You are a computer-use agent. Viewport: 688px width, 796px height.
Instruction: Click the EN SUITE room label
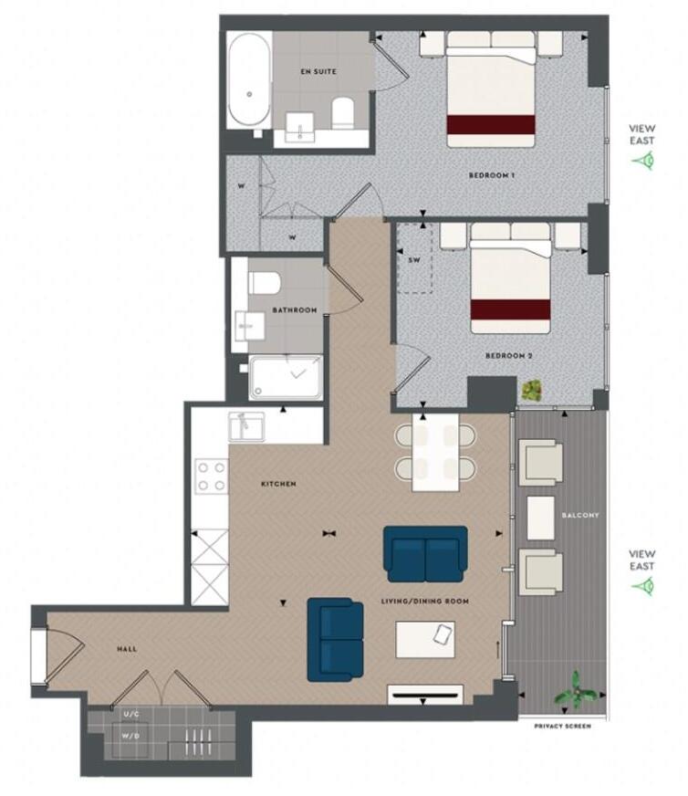(x=318, y=70)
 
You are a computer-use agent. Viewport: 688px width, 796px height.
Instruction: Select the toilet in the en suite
(x=342, y=113)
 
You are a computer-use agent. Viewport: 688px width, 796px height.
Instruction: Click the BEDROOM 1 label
(x=493, y=174)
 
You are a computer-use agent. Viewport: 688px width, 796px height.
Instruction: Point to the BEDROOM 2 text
(x=509, y=356)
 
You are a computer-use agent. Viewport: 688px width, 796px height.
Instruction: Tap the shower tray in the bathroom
(x=285, y=377)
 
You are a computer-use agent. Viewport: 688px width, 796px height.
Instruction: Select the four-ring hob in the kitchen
(x=212, y=477)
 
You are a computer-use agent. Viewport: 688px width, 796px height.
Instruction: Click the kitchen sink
(x=247, y=425)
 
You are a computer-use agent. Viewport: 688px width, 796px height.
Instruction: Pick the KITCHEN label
(x=278, y=483)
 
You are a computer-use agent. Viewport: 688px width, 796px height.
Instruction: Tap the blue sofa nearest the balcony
(x=425, y=553)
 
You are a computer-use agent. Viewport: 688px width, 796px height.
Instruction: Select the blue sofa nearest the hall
(x=335, y=639)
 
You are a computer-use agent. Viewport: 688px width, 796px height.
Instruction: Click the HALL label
(x=127, y=649)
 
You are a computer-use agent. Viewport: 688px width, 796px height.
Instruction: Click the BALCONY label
(x=581, y=515)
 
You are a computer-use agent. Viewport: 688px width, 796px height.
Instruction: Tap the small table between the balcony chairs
(x=542, y=515)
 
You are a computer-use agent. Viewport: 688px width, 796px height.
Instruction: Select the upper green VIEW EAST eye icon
(x=646, y=161)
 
